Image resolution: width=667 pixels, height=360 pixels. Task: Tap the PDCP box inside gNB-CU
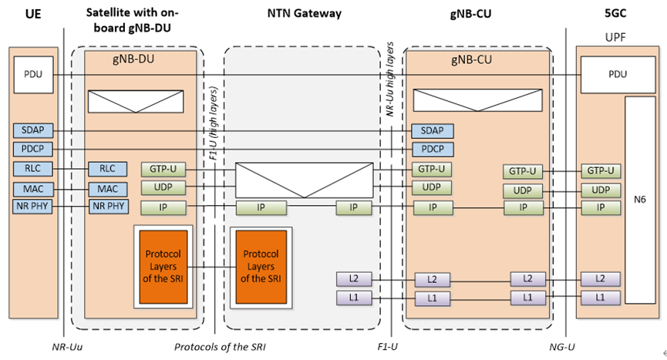[433, 150]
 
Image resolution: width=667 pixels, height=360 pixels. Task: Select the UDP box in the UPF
[601, 190]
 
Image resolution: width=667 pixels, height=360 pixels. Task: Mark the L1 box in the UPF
[601, 298]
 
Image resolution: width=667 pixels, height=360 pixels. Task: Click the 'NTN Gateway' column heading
[303, 14]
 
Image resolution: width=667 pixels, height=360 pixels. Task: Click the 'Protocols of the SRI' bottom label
[220, 348]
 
